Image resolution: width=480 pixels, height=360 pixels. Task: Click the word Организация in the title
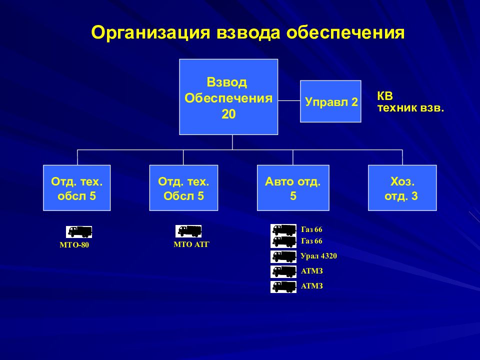(151, 33)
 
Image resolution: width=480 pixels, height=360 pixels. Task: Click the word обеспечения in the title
(345, 33)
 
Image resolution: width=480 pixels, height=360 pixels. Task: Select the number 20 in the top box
(228, 114)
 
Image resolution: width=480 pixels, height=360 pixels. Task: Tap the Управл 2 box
(330, 101)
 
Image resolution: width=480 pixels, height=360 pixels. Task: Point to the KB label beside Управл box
(385, 96)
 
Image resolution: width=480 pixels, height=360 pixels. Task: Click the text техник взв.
(410, 108)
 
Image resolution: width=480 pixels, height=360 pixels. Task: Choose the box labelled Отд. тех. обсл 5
(77, 188)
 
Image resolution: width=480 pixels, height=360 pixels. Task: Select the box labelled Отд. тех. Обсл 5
(183, 188)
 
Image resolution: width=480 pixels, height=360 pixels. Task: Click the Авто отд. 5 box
(293, 188)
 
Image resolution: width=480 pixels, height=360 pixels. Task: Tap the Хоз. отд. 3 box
(402, 188)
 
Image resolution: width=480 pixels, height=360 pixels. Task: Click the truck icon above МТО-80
(79, 232)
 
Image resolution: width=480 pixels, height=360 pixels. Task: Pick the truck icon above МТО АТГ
(188, 231)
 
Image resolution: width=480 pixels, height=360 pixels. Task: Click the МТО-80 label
(74, 245)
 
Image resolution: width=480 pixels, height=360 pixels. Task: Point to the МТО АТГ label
(191, 244)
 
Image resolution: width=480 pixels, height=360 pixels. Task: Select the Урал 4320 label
(318, 256)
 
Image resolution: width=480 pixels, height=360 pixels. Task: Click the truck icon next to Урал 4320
(283, 256)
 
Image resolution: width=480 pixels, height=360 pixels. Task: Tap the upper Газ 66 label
(311, 229)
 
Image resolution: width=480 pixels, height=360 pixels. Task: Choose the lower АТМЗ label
(311, 286)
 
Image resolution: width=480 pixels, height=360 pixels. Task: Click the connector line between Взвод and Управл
(289, 100)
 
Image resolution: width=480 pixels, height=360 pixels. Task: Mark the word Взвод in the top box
(227, 82)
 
